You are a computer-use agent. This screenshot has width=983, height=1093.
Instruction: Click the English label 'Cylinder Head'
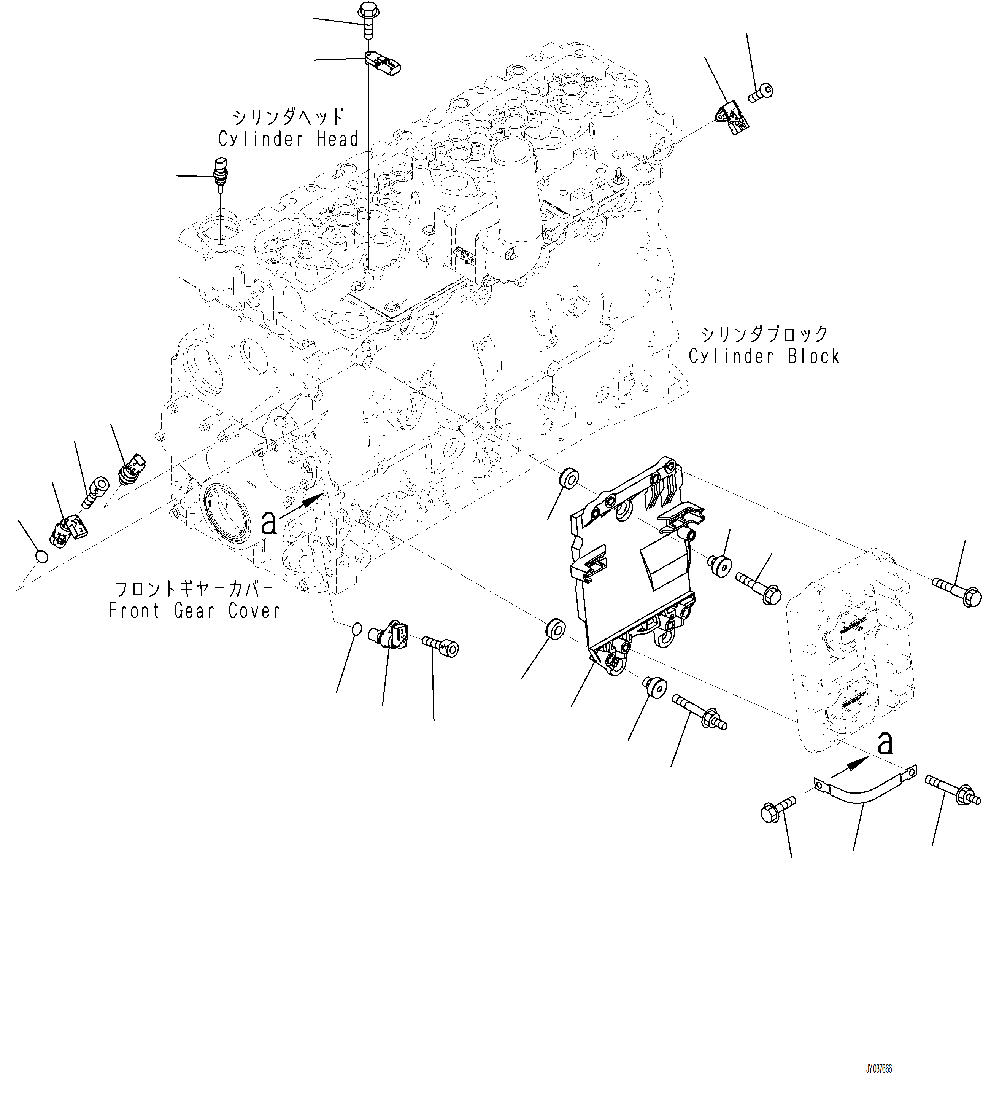[288, 139]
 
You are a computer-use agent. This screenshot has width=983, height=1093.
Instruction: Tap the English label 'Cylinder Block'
[764, 356]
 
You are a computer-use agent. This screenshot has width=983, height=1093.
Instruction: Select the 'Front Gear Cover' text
[194, 611]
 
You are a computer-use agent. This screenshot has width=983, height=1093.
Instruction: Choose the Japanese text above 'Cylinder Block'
[764, 334]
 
